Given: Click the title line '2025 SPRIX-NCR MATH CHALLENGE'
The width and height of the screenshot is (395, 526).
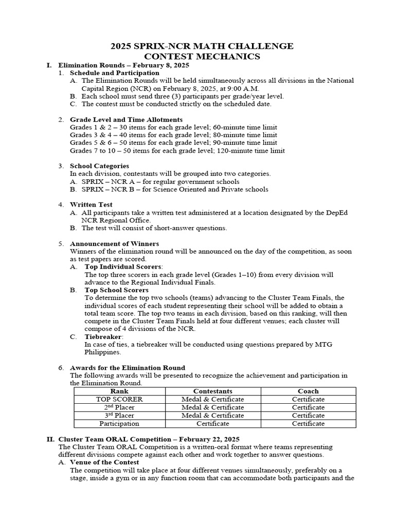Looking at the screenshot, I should [202, 46].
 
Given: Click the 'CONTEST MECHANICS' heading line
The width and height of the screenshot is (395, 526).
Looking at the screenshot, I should [202, 57].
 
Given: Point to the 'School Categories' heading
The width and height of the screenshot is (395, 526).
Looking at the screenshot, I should [99, 166].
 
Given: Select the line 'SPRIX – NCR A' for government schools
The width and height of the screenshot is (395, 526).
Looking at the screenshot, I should [160, 181].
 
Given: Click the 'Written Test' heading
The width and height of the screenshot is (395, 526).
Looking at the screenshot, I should [91, 204].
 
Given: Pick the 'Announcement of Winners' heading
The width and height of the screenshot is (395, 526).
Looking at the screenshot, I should [114, 243].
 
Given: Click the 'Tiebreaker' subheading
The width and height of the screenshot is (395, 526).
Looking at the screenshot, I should [103, 336].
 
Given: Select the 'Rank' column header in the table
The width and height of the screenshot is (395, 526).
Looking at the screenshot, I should [120, 391].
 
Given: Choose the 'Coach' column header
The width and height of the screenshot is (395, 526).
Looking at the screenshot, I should [308, 391].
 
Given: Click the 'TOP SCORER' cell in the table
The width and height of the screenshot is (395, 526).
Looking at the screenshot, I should [120, 399].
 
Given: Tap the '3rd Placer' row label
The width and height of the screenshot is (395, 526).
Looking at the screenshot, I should [120, 416].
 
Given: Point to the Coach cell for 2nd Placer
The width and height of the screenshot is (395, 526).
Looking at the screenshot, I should [308, 407].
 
